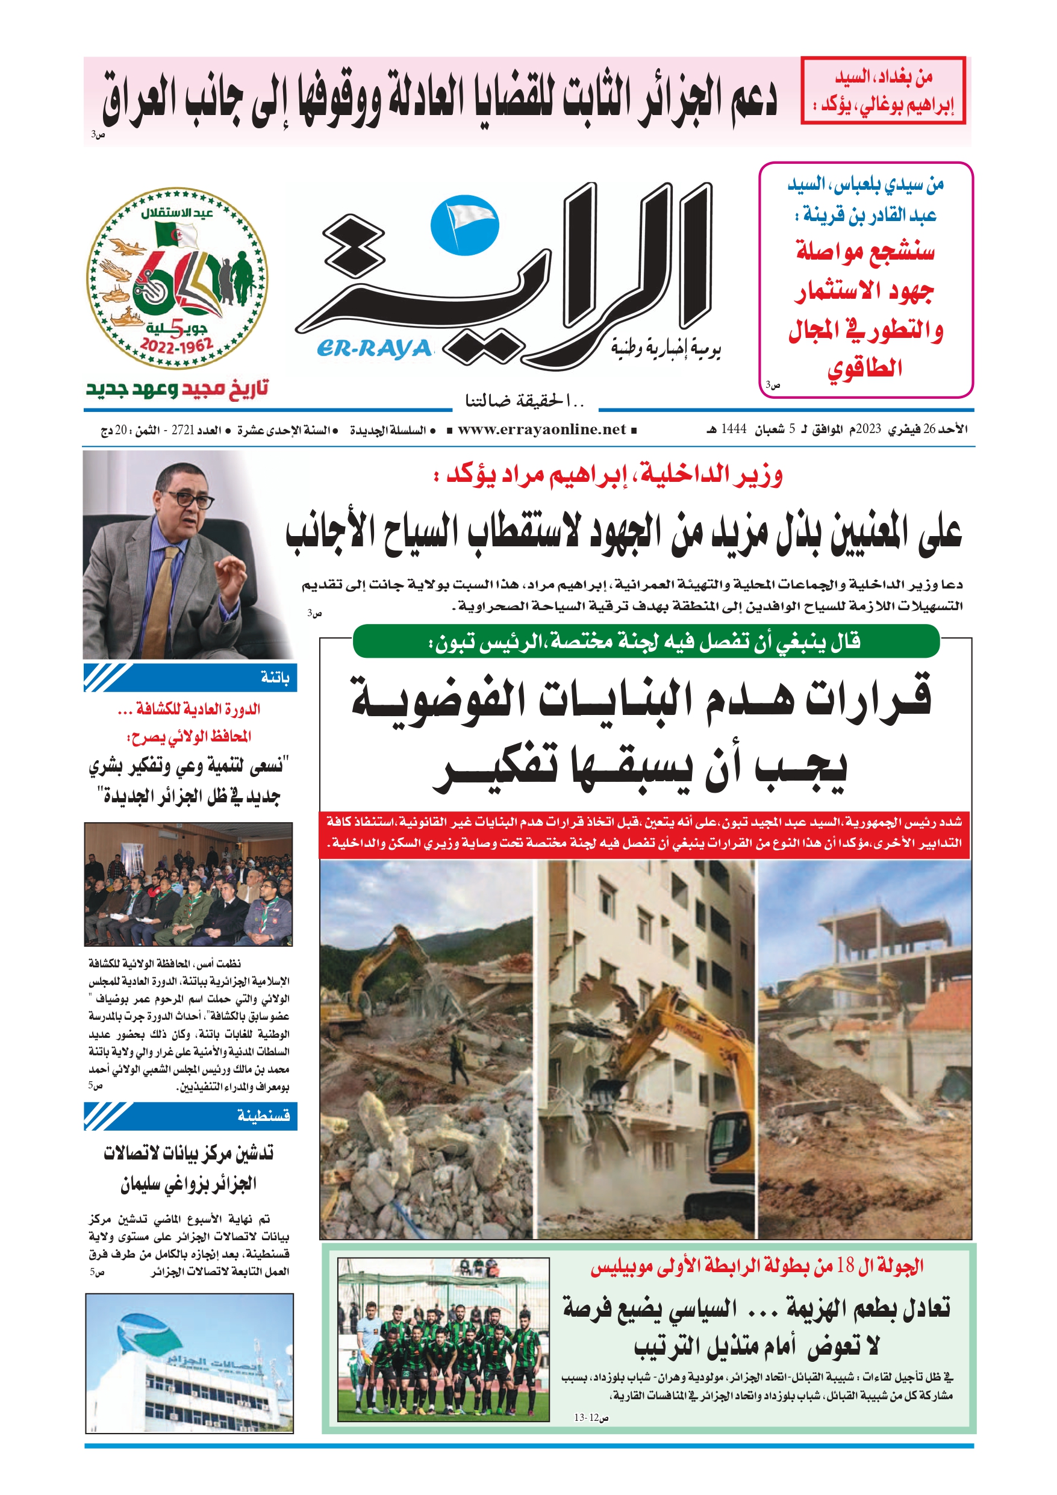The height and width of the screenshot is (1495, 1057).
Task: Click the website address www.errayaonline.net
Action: coord(542,429)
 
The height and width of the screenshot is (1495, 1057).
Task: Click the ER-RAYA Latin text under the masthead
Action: coord(375,349)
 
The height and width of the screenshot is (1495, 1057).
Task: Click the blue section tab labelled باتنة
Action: coord(190,678)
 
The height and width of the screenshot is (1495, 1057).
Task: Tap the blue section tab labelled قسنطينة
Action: coord(190,1116)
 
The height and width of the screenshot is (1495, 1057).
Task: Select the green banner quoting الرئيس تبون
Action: coord(646,642)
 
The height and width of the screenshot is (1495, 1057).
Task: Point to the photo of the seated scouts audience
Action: coord(189,884)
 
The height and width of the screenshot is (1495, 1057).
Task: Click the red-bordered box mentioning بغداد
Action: coord(883,90)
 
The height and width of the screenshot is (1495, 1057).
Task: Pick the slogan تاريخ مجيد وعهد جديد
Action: coord(177,389)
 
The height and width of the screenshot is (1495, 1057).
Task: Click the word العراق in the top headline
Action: coord(139,98)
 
